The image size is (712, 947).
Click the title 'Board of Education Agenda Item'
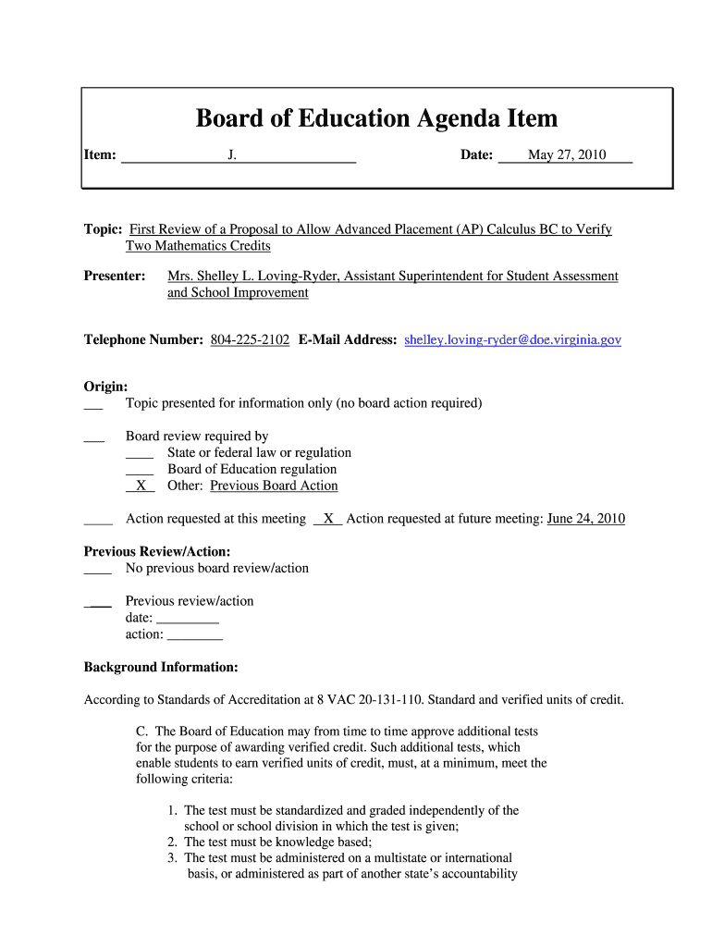tap(376, 118)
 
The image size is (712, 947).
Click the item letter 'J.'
tap(232, 155)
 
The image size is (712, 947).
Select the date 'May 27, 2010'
tap(567, 155)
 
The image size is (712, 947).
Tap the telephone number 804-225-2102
tap(250, 340)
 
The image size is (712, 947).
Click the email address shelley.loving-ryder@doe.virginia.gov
tap(513, 340)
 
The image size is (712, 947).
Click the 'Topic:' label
tap(103, 229)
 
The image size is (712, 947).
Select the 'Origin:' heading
tap(105, 387)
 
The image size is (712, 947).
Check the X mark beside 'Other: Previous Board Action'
tap(141, 486)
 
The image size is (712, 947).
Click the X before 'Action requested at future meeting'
tap(328, 520)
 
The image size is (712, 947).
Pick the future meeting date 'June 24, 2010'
tap(585, 519)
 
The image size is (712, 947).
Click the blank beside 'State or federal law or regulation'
tap(140, 454)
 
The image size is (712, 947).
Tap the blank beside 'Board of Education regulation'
tap(140, 471)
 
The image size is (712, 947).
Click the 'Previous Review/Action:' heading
tap(157, 552)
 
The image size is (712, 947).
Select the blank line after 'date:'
tap(188, 619)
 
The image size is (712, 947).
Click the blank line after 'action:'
tap(194, 635)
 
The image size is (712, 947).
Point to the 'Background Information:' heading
tap(161, 668)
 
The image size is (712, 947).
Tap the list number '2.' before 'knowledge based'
tap(173, 842)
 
